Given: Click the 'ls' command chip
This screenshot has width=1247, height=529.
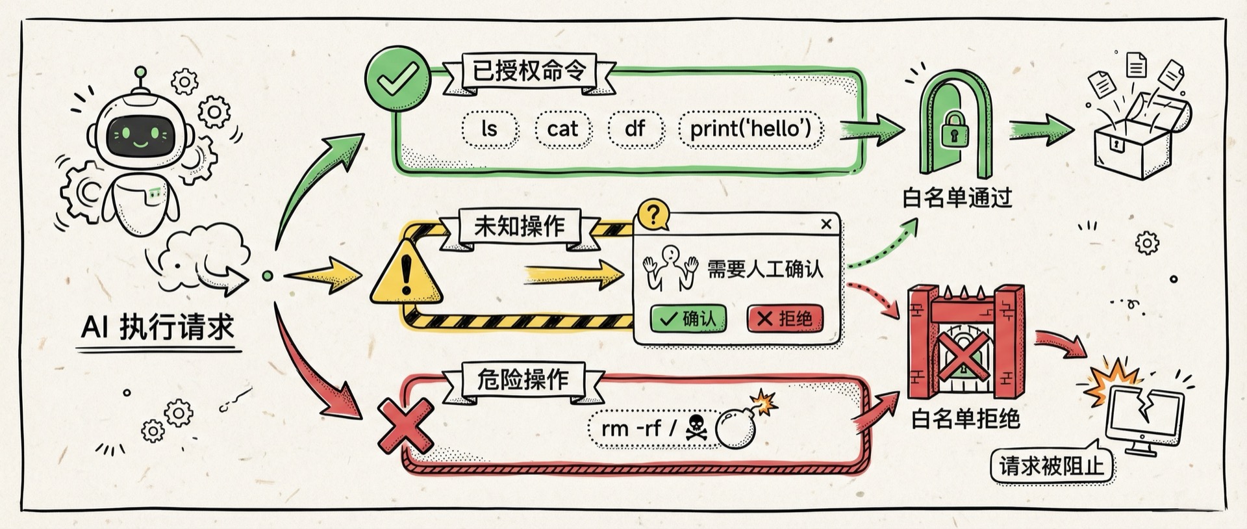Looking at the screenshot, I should [490, 129].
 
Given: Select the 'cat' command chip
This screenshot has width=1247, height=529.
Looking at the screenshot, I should [562, 129].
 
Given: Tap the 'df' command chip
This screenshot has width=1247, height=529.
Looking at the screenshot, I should [635, 129].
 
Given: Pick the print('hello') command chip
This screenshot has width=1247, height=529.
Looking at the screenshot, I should [750, 129].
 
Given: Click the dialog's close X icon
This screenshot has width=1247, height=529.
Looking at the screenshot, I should [826, 224].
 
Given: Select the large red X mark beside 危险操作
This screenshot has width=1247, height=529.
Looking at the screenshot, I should [405, 426].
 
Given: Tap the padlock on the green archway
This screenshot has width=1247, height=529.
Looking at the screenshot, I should [954, 129].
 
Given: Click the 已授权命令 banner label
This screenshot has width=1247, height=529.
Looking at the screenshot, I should [529, 70].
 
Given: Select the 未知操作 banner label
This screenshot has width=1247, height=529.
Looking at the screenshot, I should [519, 226].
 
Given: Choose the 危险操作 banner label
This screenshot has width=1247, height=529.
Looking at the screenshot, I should [523, 379].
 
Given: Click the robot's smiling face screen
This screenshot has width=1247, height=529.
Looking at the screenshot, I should [141, 136].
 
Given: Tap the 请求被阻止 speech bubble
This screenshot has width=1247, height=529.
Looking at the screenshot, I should [1051, 465].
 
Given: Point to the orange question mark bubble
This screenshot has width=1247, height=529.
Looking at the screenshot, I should [653, 214].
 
